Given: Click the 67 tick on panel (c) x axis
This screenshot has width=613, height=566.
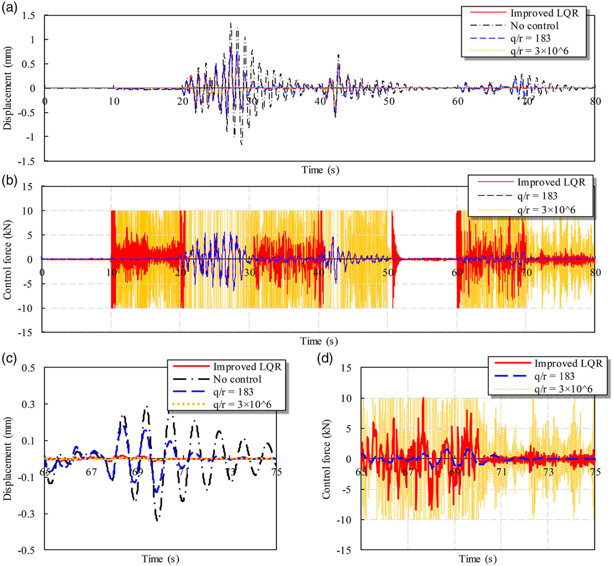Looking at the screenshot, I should pos(91,472).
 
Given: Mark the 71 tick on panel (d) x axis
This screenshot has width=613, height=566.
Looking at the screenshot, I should pos(501,472).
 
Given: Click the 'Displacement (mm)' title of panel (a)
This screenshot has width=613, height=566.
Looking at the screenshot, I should pos(7,88).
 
